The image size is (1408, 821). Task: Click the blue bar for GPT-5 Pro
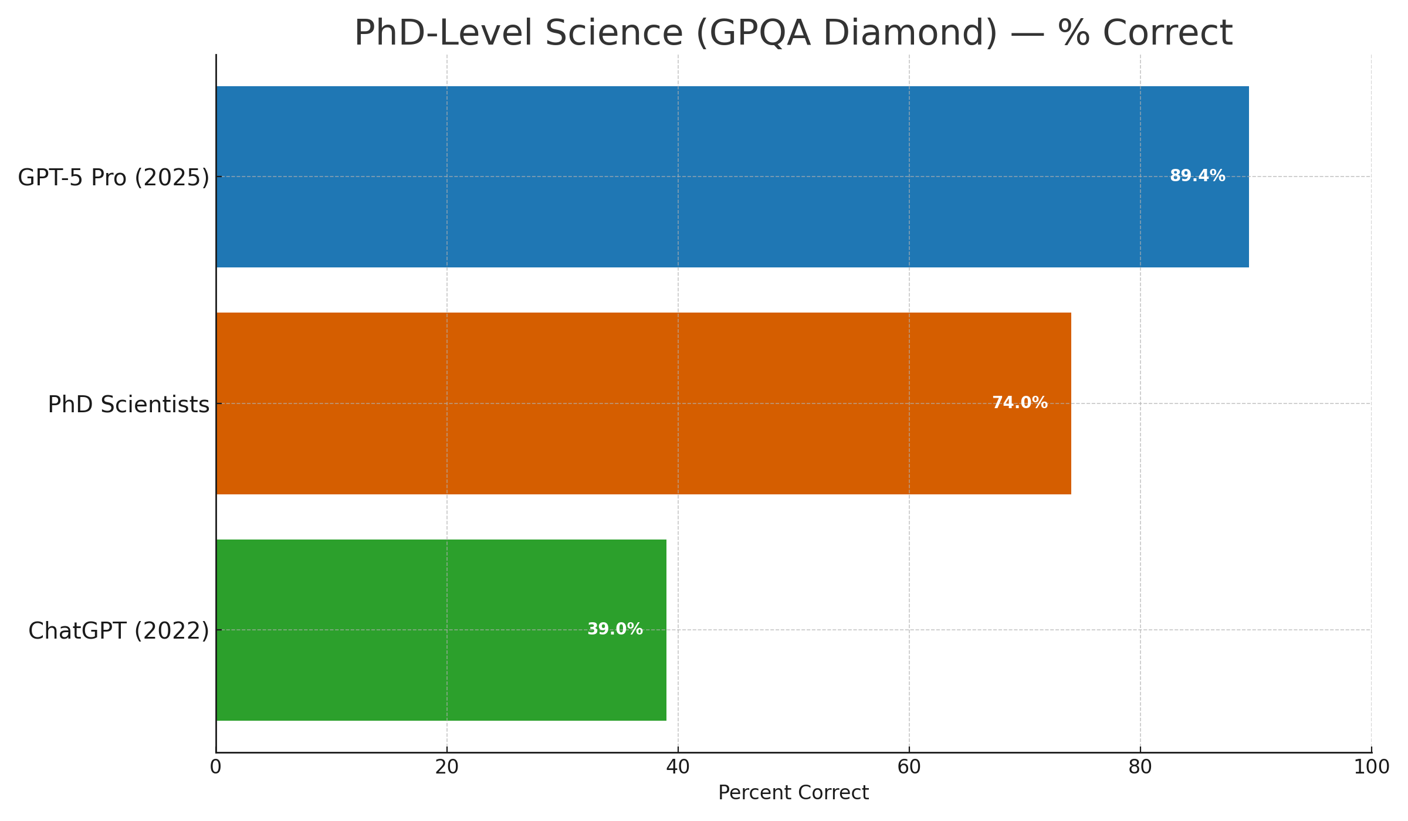[704, 177]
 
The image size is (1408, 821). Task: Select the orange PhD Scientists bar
[616, 403]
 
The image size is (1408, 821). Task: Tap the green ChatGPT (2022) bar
[411, 630]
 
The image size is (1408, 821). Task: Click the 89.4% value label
[1197, 176]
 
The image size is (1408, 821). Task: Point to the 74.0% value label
[1020, 403]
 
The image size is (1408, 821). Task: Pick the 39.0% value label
[615, 629]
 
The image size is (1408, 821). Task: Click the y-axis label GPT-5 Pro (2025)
[113, 178]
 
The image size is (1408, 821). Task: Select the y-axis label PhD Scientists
[128, 405]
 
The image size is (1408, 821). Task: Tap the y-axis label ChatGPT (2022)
[119, 631]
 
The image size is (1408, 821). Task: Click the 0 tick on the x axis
[216, 768]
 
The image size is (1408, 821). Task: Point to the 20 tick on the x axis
[447, 768]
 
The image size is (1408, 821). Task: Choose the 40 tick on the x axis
[678, 768]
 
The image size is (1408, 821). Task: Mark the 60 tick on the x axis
[909, 768]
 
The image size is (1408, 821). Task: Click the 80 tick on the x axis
[1140, 768]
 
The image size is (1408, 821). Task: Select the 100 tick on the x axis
[1372, 768]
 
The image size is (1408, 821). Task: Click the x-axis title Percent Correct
[793, 793]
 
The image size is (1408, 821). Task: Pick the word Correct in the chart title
[1167, 33]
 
